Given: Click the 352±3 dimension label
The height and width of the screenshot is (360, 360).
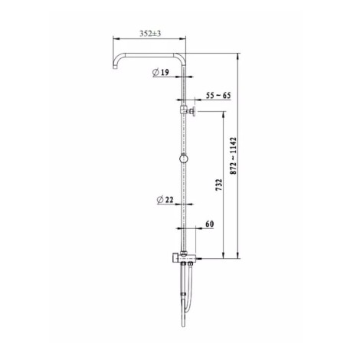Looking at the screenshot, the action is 150,34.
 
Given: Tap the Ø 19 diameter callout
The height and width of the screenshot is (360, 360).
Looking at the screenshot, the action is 161,72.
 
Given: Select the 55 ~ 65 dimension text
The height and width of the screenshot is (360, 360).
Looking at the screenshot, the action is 218,96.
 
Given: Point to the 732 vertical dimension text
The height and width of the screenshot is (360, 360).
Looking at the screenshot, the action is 219,185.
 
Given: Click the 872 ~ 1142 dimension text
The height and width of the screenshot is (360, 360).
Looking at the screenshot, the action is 234,155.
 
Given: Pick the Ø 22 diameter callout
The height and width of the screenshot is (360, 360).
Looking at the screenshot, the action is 165,200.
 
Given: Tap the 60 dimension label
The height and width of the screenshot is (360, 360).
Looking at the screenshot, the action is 209,224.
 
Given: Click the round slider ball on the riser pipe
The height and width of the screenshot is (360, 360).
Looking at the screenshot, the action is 183,159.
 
